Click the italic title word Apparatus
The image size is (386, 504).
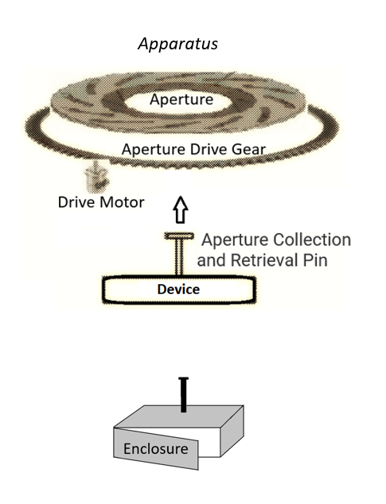click(177, 44)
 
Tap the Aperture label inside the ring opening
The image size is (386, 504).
click(181, 100)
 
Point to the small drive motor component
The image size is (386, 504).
click(96, 176)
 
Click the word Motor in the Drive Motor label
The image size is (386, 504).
click(122, 202)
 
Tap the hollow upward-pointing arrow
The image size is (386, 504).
click(181, 210)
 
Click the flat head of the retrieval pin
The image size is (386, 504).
click(179, 236)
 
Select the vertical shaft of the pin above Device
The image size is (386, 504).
click(179, 257)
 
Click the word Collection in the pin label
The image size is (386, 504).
click(312, 240)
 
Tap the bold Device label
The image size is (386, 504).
click(178, 289)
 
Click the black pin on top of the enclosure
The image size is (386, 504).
click(184, 395)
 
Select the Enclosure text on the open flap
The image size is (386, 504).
click(156, 449)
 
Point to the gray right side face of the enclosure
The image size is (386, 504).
click(232, 431)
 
